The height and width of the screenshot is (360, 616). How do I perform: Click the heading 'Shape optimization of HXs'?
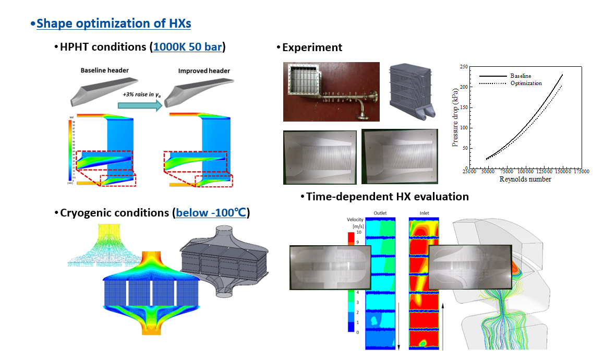click(114, 24)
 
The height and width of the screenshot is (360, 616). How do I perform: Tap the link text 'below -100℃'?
click(211, 213)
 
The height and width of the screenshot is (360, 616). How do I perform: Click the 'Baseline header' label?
click(104, 70)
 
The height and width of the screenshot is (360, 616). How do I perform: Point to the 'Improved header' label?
click(204, 71)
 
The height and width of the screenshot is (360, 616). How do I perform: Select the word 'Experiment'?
click(312, 47)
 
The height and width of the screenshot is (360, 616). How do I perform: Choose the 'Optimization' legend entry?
click(526, 83)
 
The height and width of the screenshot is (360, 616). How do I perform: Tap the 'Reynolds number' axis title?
click(525, 179)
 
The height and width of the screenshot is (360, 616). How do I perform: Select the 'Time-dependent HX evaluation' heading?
click(387, 197)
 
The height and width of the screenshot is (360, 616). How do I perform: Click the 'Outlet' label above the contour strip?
click(380, 213)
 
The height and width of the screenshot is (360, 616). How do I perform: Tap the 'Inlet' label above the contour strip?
click(425, 213)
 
